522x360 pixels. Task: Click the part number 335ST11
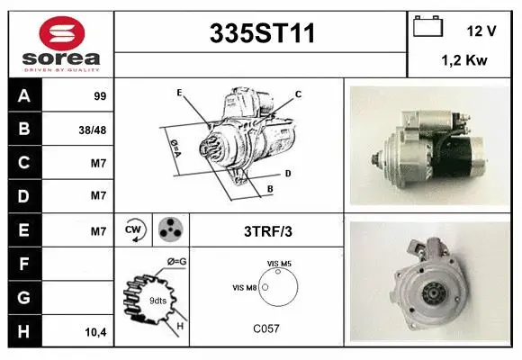[262, 33]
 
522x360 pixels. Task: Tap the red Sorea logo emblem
[62, 33]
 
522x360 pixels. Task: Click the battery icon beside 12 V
[427, 26]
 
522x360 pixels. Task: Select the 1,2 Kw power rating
[464, 60]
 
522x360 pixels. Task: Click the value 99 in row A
[100, 96]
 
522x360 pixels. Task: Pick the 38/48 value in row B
[93, 130]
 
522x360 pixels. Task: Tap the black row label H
[24, 331]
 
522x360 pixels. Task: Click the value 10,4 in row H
[95, 332]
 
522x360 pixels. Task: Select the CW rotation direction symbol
[134, 230]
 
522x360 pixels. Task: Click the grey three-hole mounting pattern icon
[170, 229]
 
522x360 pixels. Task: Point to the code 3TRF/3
[268, 231]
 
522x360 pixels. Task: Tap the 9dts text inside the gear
[157, 301]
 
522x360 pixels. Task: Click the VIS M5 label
[279, 264]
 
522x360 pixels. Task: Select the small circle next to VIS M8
[265, 287]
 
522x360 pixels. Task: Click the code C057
[266, 328]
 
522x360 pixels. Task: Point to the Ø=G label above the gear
[176, 262]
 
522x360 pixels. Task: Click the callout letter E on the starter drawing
[179, 93]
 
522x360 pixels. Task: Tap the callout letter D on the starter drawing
[288, 174]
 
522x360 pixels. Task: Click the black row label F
[24, 264]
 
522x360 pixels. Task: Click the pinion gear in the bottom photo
[434, 292]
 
